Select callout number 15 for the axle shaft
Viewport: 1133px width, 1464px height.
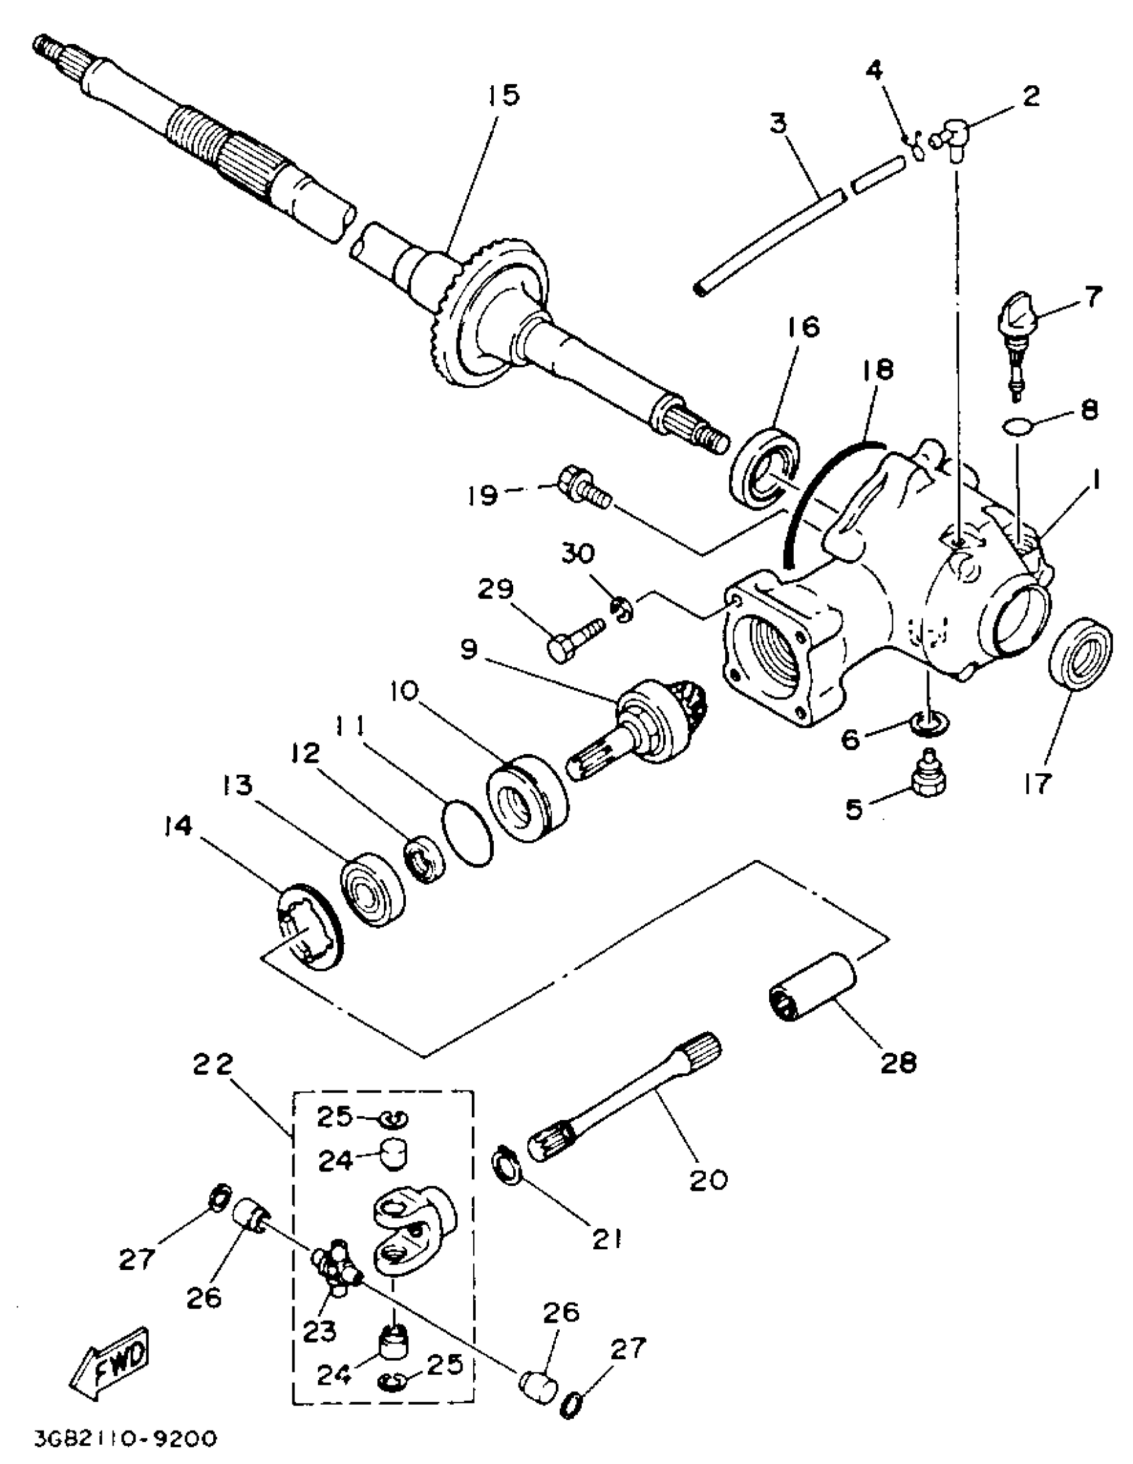[503, 95]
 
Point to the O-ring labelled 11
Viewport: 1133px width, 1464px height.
[467, 837]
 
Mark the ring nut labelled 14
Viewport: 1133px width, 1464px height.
[309, 926]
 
